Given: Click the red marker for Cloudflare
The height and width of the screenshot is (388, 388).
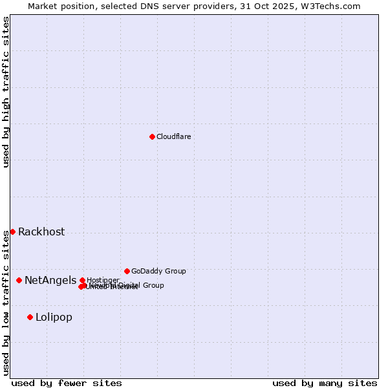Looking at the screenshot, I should click(x=152, y=136).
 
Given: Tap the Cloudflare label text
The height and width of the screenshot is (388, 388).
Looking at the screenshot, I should click(x=173, y=136).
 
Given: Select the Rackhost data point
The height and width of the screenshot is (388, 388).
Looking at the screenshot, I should click(x=12, y=232).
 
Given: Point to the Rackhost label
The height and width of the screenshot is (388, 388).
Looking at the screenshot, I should click(x=41, y=232).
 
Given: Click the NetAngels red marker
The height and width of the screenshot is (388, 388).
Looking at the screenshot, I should click(x=19, y=280).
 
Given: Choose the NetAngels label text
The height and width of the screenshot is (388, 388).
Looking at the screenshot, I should click(x=50, y=281).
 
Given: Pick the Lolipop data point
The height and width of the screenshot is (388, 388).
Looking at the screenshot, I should click(x=30, y=317).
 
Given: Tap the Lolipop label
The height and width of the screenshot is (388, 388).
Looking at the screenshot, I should click(x=54, y=318).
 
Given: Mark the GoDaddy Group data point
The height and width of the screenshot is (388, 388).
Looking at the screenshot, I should click(x=127, y=271).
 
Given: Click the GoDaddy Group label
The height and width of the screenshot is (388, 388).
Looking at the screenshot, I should click(x=158, y=271).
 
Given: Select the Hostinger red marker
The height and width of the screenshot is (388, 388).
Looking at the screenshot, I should click(x=82, y=280).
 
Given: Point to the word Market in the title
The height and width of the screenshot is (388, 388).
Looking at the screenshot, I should click(x=42, y=6).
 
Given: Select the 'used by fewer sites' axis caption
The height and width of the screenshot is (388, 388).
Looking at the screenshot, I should click(x=67, y=383).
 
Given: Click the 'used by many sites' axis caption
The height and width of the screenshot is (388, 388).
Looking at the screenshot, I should click(x=325, y=383).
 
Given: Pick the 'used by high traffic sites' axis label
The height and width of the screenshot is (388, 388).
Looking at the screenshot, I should click(x=6, y=92).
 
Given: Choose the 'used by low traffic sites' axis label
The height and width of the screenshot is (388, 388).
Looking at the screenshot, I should click(x=6, y=303).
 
